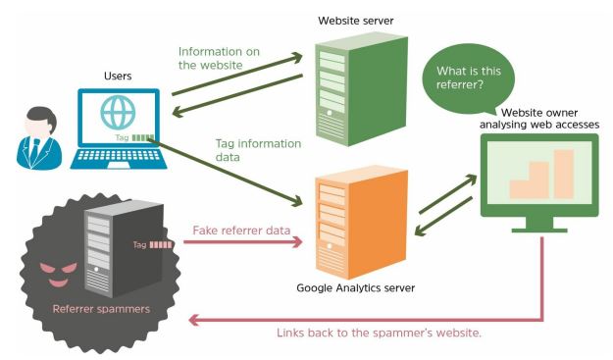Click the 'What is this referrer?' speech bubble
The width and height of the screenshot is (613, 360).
[467, 77]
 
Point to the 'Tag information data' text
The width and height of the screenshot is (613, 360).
[258, 150]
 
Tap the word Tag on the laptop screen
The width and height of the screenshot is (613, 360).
[122, 138]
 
